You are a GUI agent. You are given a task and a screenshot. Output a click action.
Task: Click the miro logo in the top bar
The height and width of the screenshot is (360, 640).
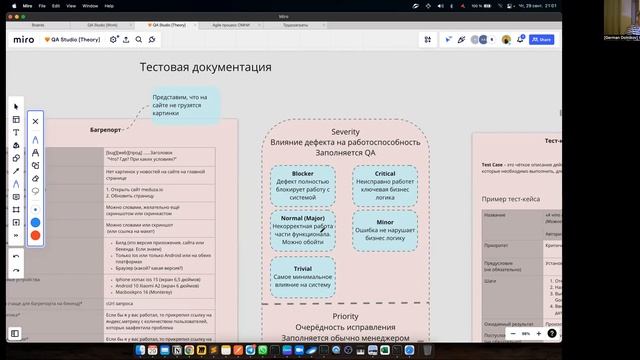point(23,39)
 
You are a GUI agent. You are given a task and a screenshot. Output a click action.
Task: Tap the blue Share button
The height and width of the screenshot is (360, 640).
point(541,39)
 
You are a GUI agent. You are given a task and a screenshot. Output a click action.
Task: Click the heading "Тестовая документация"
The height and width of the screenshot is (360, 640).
point(205,68)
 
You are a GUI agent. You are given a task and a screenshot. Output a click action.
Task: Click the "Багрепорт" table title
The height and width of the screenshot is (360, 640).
point(100,130)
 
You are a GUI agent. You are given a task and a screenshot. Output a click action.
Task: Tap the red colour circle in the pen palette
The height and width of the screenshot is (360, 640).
point(35,235)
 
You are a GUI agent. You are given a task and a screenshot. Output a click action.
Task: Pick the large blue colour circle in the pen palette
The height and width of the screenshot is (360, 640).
point(35,221)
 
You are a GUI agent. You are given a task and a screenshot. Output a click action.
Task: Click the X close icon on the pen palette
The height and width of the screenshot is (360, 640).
point(35,121)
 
